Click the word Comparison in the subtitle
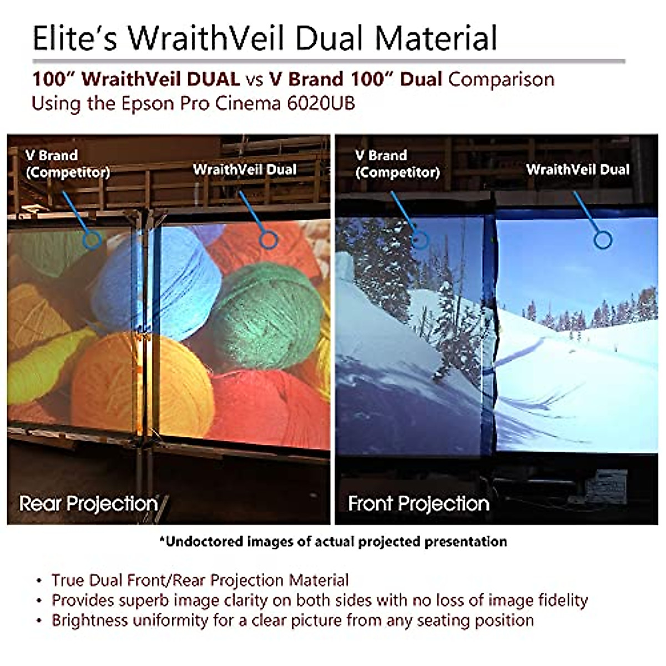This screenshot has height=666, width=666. point(501,79)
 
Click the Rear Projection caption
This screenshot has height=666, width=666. point(89,503)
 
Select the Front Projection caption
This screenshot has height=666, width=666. point(418,503)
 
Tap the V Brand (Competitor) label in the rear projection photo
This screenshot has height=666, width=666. point(67,164)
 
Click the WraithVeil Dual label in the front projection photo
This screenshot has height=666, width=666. point(578,169)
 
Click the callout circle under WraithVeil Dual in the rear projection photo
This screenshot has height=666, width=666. point(269,240)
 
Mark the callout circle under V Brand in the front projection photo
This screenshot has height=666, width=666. point(420,240)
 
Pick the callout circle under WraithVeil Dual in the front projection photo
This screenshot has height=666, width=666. point(602,240)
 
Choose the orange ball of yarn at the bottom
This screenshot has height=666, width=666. point(144,383)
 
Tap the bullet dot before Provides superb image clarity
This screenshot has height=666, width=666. point(39,601)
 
